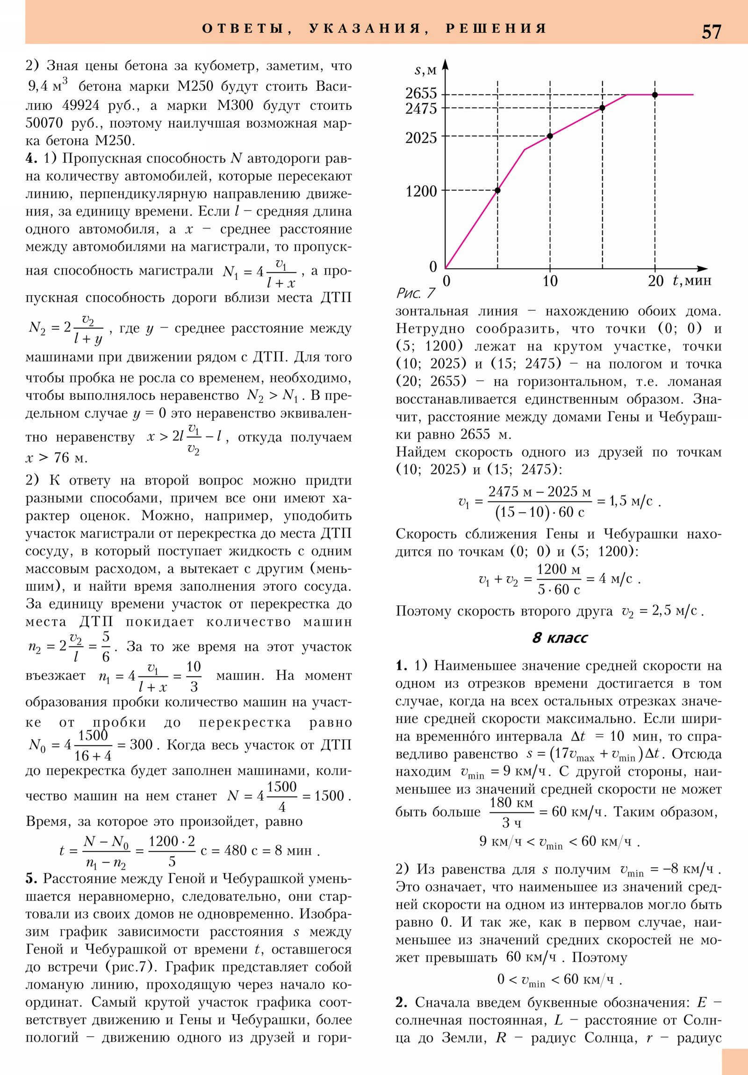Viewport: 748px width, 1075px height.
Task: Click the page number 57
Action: click(711, 32)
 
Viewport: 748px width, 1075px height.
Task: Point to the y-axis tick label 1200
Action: click(421, 191)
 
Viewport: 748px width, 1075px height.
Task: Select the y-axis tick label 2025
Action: click(421, 138)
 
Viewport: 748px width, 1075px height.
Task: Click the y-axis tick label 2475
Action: click(421, 108)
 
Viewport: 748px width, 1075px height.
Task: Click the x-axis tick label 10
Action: click(550, 281)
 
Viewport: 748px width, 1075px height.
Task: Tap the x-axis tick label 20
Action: click(655, 281)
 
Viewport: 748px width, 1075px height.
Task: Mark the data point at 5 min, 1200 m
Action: click(497, 190)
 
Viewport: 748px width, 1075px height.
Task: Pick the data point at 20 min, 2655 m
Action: click(655, 94)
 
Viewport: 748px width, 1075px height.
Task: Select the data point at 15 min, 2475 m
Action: click(602, 107)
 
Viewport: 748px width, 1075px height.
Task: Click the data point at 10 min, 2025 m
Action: click(550, 136)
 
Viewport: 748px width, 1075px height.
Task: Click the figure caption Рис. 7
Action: click(416, 294)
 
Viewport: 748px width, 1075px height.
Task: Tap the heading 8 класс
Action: click(560, 638)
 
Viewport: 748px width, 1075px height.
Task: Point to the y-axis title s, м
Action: click(425, 70)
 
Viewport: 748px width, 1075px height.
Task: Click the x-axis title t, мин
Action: click(692, 280)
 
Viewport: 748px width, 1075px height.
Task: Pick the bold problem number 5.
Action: click(31, 879)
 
